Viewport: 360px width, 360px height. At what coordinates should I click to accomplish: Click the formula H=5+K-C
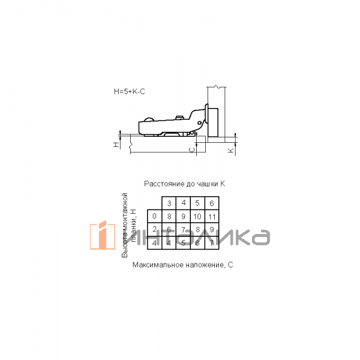pyautogui.click(x=129, y=92)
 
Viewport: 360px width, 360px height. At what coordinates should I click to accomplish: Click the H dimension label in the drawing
pyautogui.click(x=116, y=144)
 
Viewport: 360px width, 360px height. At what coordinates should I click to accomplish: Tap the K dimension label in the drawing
pyautogui.click(x=230, y=149)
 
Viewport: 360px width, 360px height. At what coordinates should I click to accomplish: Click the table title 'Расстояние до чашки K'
pyautogui.click(x=184, y=184)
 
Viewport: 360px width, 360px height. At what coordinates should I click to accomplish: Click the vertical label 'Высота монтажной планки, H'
pyautogui.click(x=129, y=225)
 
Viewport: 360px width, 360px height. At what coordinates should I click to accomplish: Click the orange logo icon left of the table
pyautogui.click(x=103, y=235)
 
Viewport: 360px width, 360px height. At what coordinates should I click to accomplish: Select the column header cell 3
pyautogui.click(x=169, y=203)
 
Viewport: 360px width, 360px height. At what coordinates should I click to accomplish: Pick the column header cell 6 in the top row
pyautogui.click(x=212, y=203)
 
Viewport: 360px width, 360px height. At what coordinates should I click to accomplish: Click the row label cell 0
pyautogui.click(x=154, y=216)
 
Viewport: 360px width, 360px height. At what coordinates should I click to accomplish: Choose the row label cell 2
pyautogui.click(x=154, y=229)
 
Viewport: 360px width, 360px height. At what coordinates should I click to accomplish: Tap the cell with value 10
pyautogui.click(x=197, y=216)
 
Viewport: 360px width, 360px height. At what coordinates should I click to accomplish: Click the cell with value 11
pyautogui.click(x=212, y=216)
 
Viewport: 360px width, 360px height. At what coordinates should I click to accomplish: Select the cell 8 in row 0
pyautogui.click(x=169, y=216)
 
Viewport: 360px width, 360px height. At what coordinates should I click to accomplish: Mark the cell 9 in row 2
pyautogui.click(x=212, y=229)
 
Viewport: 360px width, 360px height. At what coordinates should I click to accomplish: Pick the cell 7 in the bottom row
pyautogui.click(x=212, y=242)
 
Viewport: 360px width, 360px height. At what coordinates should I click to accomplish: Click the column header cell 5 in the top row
pyautogui.click(x=197, y=203)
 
